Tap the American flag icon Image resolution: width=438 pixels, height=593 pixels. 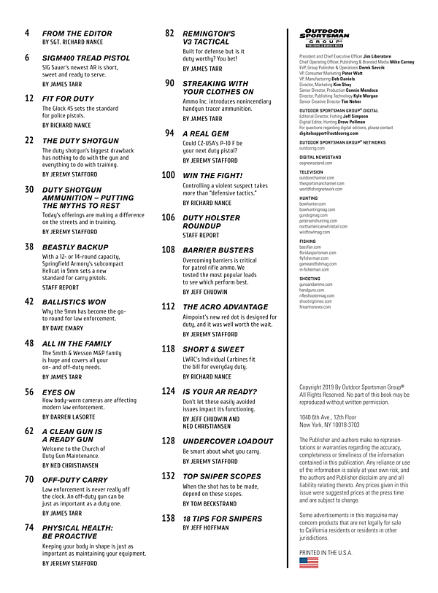coord(309,562)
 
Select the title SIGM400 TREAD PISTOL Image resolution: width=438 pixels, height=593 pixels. coord(86,58)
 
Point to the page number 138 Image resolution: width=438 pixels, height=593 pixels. coord(168,518)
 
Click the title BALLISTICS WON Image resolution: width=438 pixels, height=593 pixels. coord(74,302)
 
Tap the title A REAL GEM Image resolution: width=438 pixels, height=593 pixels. coord(205,134)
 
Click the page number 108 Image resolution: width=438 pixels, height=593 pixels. coord(168,249)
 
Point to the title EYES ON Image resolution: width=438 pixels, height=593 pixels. coord(58,392)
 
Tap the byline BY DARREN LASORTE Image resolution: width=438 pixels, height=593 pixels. coord(74,416)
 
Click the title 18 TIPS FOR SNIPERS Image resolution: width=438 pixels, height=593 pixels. coord(222,519)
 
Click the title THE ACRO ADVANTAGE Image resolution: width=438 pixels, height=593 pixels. coord(226,306)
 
